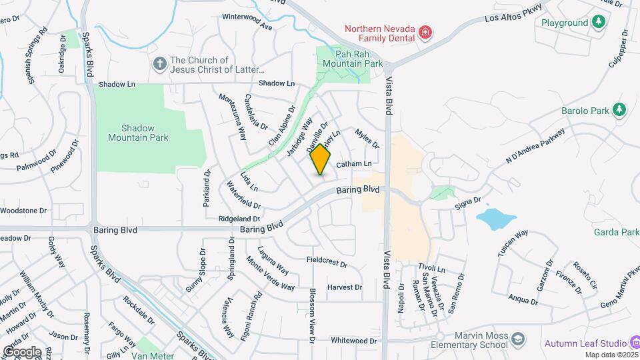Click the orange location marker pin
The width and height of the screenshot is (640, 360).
click(x=321, y=160)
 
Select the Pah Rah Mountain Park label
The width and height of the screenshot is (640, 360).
click(x=343, y=59)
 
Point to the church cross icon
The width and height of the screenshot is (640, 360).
click(x=159, y=64)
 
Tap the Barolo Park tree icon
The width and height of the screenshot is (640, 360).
click(x=619, y=109)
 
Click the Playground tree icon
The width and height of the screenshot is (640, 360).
click(x=599, y=23)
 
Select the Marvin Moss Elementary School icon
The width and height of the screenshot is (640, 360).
click(x=517, y=341)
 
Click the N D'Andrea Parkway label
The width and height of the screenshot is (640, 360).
click(x=535, y=146)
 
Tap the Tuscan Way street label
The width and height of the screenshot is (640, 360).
click(x=513, y=243)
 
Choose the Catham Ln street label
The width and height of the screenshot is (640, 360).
click(x=353, y=164)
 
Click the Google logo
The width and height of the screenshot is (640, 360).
click(x=22, y=351)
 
